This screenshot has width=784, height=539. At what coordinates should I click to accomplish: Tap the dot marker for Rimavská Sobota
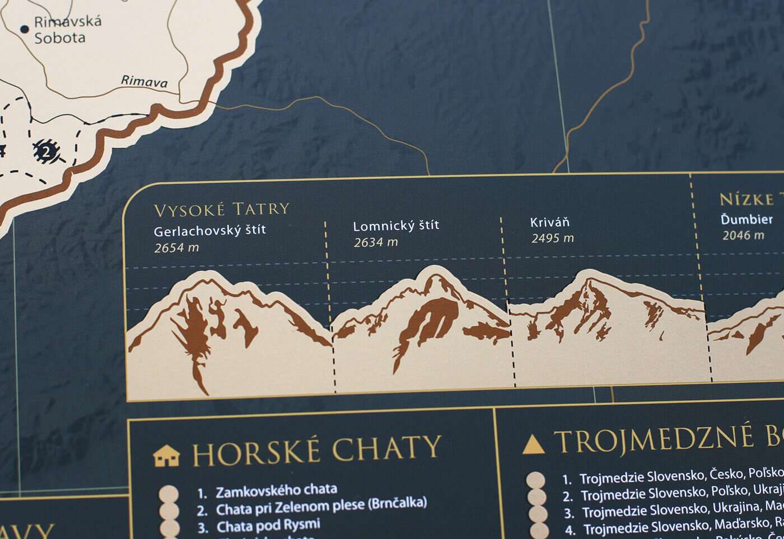click(x=24, y=29)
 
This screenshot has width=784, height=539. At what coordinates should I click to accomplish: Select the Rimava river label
click(x=144, y=81)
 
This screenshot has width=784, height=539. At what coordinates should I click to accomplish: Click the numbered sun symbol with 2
click(x=46, y=151)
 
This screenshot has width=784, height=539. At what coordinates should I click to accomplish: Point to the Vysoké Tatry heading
click(x=221, y=210)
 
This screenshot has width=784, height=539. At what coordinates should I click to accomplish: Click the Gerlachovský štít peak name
click(x=209, y=230)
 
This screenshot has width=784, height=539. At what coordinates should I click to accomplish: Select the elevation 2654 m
click(x=176, y=247)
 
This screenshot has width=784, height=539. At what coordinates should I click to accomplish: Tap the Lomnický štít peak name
click(x=396, y=226)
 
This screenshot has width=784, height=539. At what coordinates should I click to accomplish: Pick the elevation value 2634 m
click(x=376, y=242)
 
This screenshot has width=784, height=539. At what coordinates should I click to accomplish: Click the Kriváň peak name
click(x=549, y=222)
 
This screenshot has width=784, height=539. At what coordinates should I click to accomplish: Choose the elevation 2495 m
click(x=553, y=238)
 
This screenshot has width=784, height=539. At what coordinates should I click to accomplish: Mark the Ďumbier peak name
click(x=746, y=219)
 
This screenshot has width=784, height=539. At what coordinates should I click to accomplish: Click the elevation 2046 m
click(x=743, y=236)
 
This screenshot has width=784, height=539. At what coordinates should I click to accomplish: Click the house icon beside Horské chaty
click(x=167, y=456)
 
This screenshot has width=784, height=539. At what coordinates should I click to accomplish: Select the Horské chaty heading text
click(x=316, y=451)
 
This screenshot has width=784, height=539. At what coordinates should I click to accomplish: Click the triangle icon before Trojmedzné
click(x=533, y=444)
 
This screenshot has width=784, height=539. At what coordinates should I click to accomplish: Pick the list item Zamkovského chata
click(x=276, y=491)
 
